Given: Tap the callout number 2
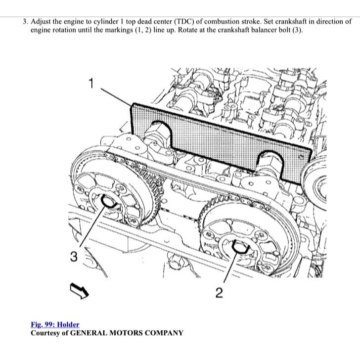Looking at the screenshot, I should (x=220, y=292).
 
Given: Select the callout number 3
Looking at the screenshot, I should (x=73, y=256).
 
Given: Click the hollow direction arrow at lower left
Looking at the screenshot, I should (x=79, y=291).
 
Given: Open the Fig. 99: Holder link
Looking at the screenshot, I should (x=55, y=324).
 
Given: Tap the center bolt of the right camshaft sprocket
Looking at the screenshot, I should (x=239, y=247).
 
